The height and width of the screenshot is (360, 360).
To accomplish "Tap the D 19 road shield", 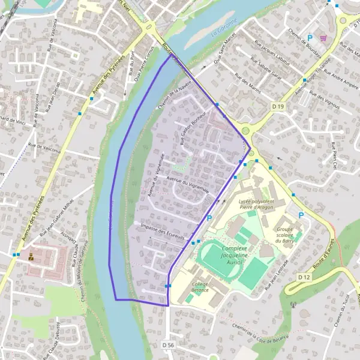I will pos(277,106).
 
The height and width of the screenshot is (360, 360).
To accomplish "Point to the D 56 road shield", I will pos(168,345).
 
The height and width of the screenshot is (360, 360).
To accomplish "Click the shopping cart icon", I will pos(323,38).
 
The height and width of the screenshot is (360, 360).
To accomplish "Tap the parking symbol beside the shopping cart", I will pos(310,38).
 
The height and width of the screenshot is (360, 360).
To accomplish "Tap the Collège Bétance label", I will pos(200,287).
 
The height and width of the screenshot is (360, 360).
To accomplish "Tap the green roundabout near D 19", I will pos(246,130).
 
